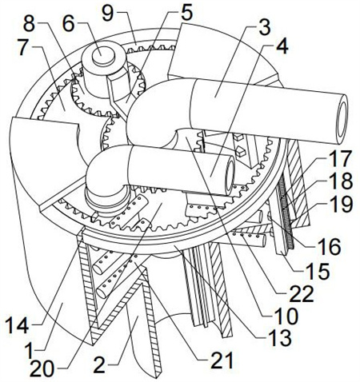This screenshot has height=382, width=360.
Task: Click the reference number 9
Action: (108, 14)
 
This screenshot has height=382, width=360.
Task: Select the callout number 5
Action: (186, 13)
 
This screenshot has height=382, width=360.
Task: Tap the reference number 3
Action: (265, 27)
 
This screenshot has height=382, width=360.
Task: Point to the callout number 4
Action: (282, 46)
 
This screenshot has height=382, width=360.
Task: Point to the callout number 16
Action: (329, 247)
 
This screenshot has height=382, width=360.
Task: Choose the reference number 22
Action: (302, 294)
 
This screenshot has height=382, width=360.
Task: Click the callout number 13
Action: (280, 337)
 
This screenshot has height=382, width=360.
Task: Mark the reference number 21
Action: (222, 360)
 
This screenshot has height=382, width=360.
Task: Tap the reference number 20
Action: (42, 369)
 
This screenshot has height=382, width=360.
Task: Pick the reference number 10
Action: (286, 316)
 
